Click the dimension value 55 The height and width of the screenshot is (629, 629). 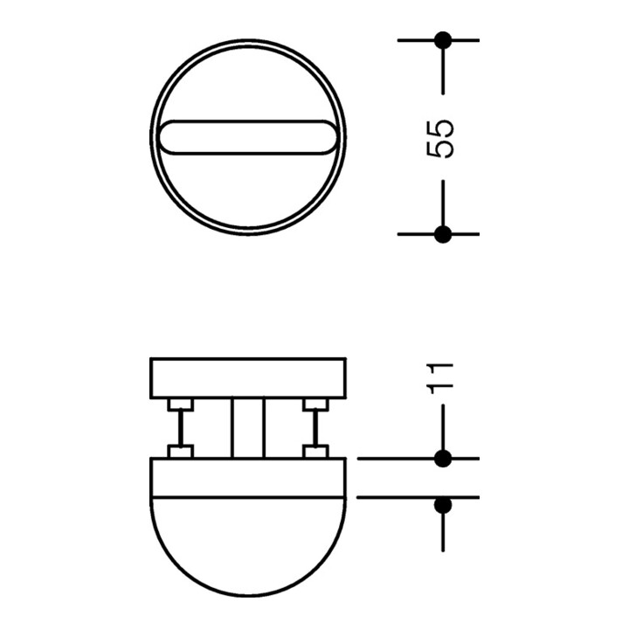coord(440,138)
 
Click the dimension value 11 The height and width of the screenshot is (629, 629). coord(440,378)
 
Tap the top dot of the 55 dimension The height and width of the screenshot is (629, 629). coord(443,40)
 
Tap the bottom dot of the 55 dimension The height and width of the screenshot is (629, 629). coord(443,234)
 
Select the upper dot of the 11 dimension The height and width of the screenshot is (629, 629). coord(443,458)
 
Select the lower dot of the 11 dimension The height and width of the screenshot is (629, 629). coord(443,506)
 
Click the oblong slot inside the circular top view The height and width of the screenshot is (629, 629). coord(248,137)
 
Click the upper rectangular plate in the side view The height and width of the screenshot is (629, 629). coord(248,378)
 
